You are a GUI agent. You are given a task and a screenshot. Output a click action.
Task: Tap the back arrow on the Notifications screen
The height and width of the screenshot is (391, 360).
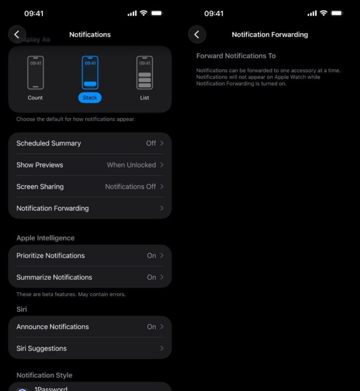(17, 34)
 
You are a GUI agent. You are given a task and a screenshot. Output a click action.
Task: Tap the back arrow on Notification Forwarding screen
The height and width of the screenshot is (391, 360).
(197, 34)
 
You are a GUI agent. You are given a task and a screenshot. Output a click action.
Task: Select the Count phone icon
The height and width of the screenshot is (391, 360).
(35, 73)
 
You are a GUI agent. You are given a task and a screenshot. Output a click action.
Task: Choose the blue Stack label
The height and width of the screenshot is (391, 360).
(90, 98)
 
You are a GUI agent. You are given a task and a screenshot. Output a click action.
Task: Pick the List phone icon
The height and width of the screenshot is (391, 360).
(144, 73)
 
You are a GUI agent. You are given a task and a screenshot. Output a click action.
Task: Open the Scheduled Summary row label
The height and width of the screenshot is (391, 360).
(49, 143)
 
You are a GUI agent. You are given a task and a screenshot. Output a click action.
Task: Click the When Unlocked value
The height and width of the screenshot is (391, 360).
(131, 165)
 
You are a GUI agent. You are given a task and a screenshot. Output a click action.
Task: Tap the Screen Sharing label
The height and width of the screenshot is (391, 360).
(40, 186)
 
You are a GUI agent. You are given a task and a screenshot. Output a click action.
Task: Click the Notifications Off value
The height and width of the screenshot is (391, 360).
(130, 186)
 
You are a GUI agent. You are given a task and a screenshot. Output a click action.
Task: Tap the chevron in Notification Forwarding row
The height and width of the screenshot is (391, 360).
(162, 208)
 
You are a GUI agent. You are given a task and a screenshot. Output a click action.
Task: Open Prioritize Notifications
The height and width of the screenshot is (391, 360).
(50, 256)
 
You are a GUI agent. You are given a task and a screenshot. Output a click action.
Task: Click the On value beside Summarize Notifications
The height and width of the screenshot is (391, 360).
(151, 278)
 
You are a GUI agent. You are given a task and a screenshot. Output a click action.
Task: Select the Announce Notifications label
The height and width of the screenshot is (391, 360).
(53, 327)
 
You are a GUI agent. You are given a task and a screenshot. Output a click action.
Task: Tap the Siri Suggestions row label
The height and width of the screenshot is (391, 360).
(41, 348)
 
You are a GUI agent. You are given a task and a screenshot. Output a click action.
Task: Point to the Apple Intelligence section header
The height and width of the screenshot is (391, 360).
(46, 238)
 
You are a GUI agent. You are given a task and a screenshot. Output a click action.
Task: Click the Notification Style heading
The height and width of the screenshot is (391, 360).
(45, 375)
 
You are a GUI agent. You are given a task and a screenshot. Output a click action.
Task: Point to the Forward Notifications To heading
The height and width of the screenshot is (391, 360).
(236, 56)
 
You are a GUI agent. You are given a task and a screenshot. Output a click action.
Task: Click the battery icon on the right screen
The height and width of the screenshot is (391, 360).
(337, 13)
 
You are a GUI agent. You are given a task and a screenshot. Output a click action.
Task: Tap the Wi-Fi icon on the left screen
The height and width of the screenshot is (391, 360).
(143, 13)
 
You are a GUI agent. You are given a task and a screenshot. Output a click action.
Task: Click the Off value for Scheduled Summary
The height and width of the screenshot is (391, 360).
(151, 143)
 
